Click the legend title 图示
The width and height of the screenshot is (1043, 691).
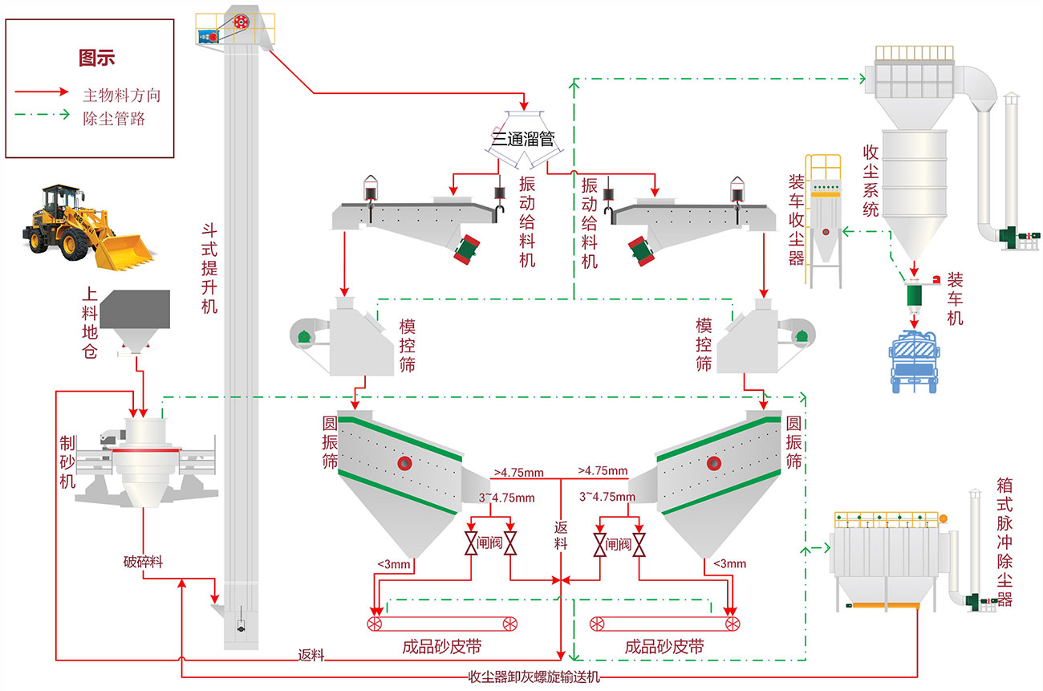[97, 59]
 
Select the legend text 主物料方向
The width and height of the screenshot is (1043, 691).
[122, 95]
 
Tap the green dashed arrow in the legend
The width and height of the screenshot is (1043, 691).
[42, 114]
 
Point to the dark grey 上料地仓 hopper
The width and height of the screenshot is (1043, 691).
[135, 322]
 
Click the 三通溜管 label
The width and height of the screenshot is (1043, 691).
[523, 139]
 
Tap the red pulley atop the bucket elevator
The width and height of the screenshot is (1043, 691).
[241, 22]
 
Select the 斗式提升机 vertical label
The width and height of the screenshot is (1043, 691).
[209, 268]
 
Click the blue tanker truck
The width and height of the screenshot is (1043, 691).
[914, 361]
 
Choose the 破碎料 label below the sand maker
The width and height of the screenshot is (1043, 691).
[144, 562]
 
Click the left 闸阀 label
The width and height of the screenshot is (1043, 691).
[490, 543]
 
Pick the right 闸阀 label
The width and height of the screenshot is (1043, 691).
[619, 544]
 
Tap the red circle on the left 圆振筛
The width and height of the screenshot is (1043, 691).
[404, 463]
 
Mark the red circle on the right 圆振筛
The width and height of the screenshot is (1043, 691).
[714, 463]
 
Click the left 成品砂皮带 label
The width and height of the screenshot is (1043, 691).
[442, 647]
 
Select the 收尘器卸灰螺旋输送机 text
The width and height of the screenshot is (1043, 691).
[534, 677]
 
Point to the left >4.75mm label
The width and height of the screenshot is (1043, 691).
[519, 473]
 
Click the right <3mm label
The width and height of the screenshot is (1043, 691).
[729, 563]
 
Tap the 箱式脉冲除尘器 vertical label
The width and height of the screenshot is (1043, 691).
[1004, 542]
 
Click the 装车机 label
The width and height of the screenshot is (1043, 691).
[955, 299]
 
